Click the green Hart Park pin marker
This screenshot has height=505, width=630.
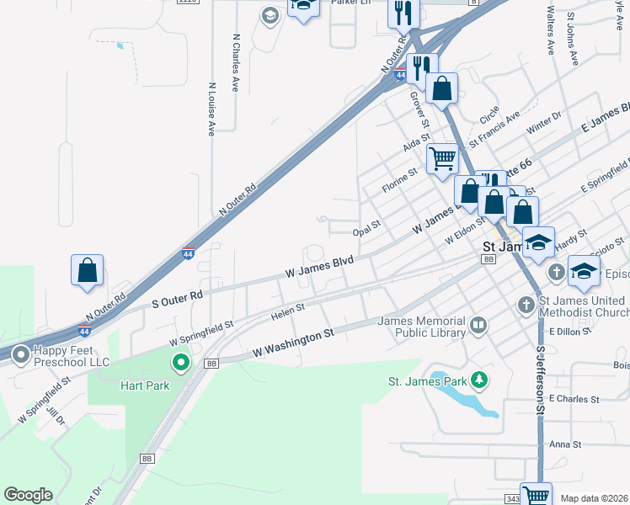(x=180, y=364)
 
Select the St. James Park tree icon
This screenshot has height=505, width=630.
(x=479, y=380)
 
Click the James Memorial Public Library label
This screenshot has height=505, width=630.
(x=421, y=327)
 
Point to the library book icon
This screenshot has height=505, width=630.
(x=478, y=325)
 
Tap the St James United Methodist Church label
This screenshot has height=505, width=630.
(x=583, y=306)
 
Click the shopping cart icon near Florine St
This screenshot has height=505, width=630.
(x=442, y=157)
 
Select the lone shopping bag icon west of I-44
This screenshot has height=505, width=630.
(x=87, y=271)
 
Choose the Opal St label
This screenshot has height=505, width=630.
(x=367, y=226)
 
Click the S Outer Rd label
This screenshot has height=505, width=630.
(x=177, y=299)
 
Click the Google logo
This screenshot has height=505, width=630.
(x=28, y=495)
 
